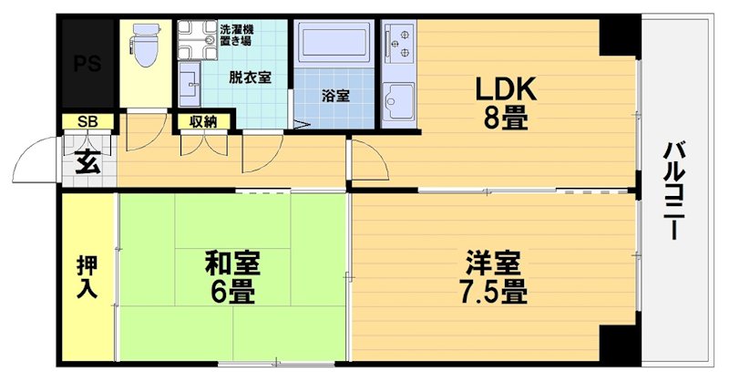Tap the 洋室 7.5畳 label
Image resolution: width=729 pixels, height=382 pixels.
coord(493,278)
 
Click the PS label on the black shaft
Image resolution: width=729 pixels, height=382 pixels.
coord(87,65)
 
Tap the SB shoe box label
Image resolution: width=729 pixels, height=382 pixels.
coord(87,121)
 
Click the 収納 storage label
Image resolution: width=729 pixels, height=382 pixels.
coord(203,121)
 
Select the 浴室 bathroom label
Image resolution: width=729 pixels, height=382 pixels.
coord(334,94)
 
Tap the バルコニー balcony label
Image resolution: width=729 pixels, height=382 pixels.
coord(673,191)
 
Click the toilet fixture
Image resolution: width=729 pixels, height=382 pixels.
coord(144,44)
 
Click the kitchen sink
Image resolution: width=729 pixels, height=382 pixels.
coord(399,98)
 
